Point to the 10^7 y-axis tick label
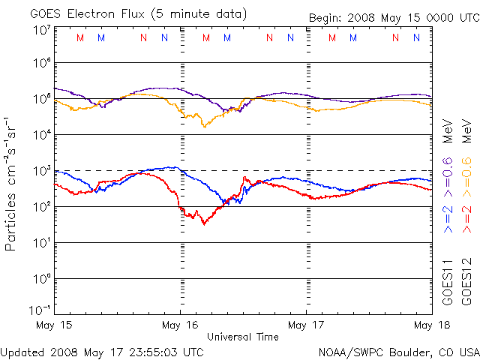point(41,30)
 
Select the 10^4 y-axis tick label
point(41,134)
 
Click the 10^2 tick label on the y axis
point(41,206)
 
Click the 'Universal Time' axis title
point(243,337)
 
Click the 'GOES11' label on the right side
point(448,280)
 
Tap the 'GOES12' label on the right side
point(466,280)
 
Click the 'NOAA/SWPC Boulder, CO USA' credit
point(398,351)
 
